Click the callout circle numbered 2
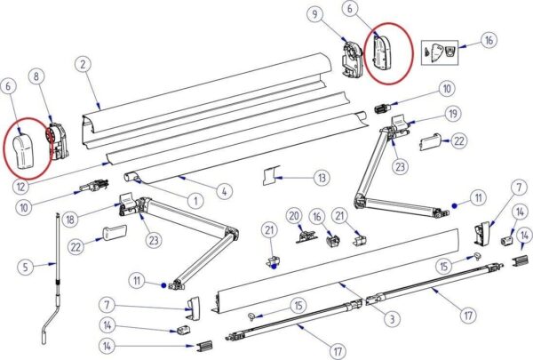(82, 64)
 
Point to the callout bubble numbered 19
(453, 114)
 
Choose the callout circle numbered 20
(292, 215)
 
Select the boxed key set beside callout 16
(441, 50)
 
